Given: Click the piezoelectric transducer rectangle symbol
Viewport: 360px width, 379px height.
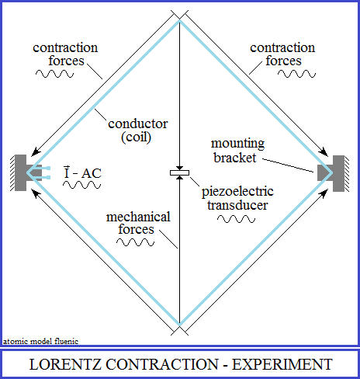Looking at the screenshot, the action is coord(179,172).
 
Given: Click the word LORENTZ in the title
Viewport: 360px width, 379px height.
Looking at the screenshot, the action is coord(65,364).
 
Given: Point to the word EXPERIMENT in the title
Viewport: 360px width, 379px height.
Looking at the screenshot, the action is coord(282,364).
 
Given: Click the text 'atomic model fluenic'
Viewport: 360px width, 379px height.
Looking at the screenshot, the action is coord(40,341).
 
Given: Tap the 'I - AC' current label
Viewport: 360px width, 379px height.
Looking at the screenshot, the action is coord(82,172).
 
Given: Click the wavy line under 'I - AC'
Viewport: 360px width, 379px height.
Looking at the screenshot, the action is coord(81,185).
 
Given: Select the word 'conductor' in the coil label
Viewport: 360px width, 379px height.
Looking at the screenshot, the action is coord(138,123).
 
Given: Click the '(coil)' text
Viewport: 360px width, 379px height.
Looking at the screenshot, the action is coord(136,137).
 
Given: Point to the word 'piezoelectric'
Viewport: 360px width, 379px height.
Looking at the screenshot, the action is coord(237,192).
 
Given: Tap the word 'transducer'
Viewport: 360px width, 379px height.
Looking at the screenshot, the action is coord(237,205).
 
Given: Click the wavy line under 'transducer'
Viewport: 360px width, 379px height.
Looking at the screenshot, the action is coord(236,219).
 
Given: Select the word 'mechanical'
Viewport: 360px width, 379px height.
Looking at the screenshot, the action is coord(138,217).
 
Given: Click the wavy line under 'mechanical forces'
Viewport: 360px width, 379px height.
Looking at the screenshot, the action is coord(135,242).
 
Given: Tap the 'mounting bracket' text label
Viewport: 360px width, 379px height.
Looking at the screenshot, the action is coord(237,151).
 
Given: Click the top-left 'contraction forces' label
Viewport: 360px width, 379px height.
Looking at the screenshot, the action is coord(65,54).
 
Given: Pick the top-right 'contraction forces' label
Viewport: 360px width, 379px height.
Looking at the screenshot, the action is coord(282,54).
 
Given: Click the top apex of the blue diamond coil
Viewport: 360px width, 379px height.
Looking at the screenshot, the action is coord(179,21).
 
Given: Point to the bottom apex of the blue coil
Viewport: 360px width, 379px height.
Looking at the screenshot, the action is coord(179,325).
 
